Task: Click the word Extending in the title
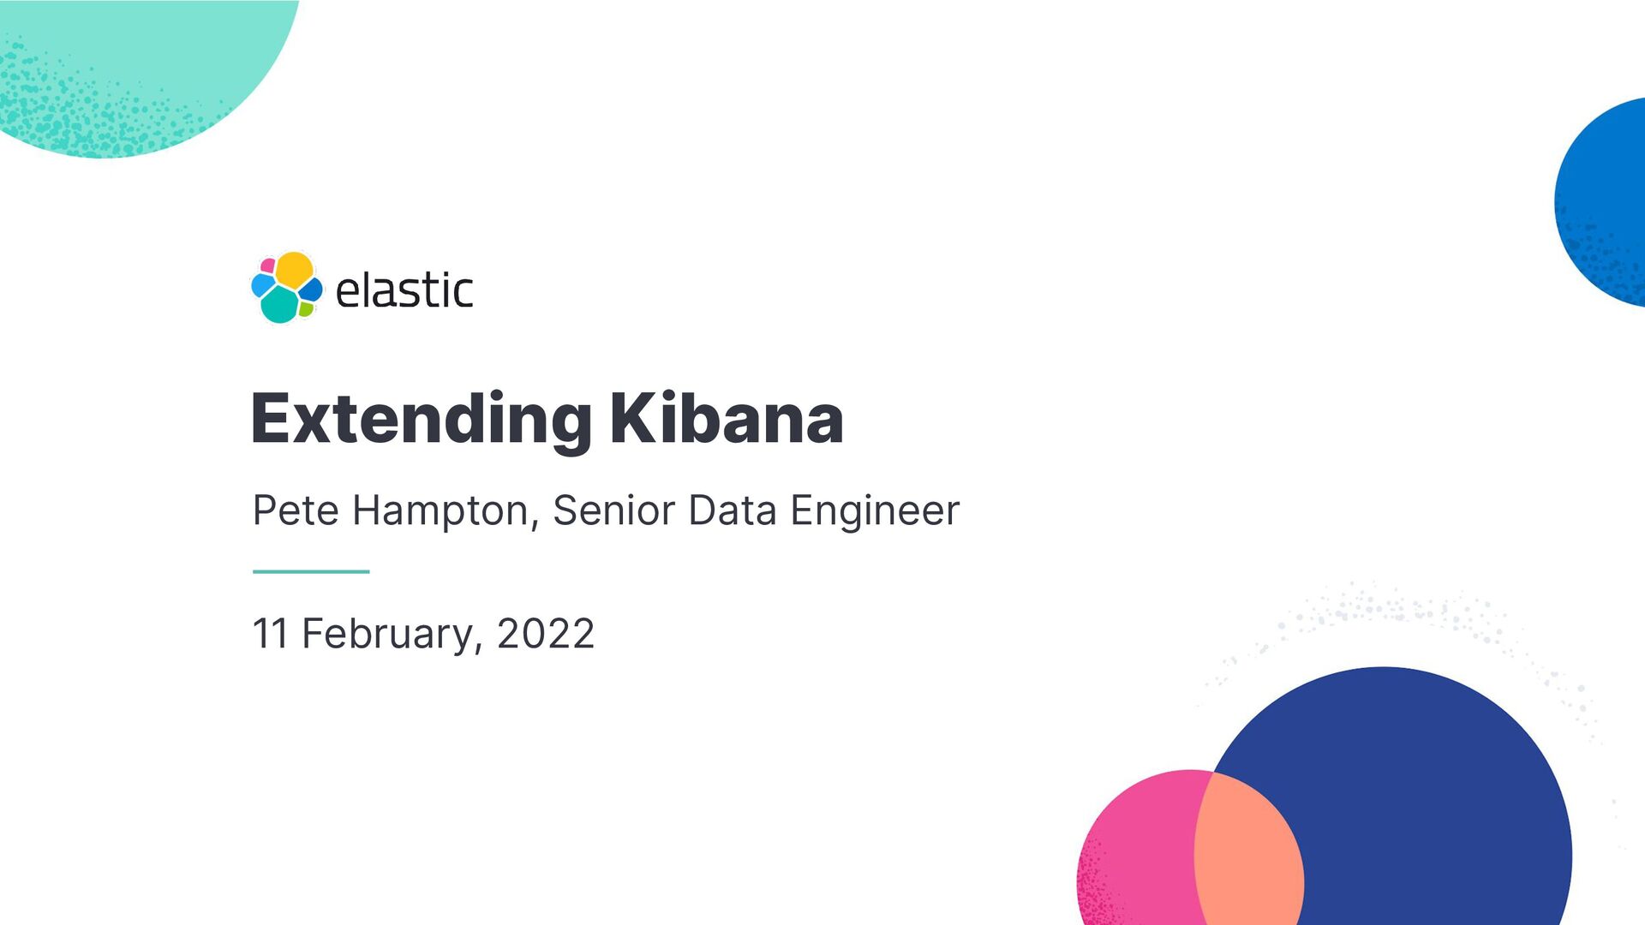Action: [421, 419]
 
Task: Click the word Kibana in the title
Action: [727, 419]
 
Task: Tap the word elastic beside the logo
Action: [404, 290]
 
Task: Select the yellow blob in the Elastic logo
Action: [294, 269]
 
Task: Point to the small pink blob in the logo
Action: [267, 266]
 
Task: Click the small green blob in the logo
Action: [306, 308]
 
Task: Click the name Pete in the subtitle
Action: [296, 510]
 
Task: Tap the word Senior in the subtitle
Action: [614, 510]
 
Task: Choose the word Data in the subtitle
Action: [733, 510]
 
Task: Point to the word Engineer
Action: [875, 510]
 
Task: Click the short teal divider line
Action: [311, 571]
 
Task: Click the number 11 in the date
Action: [270, 634]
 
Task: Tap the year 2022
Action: [546, 634]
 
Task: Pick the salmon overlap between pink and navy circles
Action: [1247, 856]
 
